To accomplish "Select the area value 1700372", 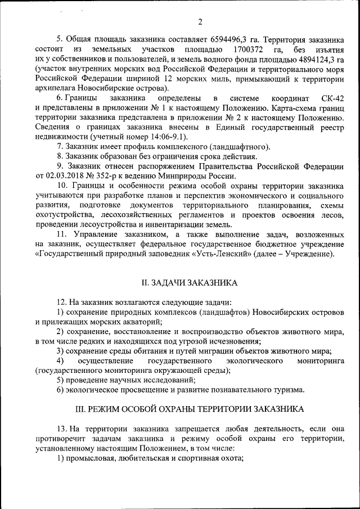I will [248, 51].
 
